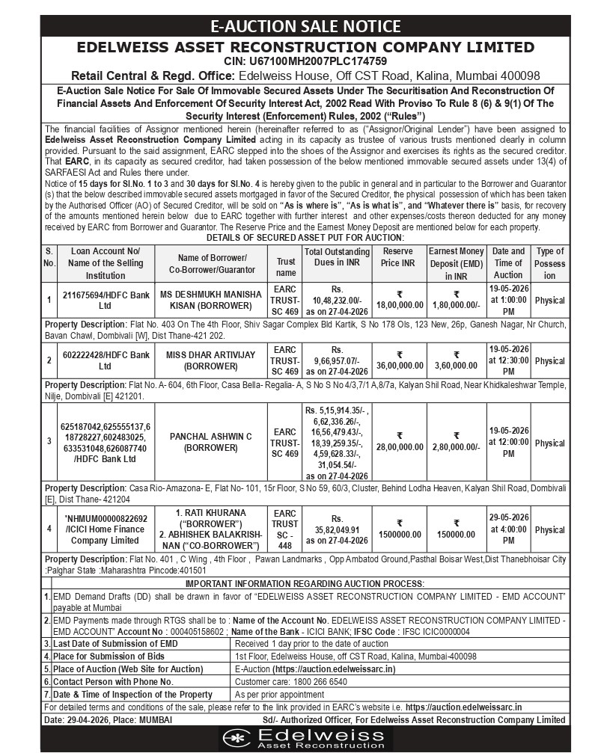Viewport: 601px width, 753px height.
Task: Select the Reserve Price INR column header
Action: [398, 263]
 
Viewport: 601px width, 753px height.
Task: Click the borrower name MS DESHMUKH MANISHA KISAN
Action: [210, 300]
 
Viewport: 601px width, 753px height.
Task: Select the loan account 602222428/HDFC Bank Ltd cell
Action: [106, 360]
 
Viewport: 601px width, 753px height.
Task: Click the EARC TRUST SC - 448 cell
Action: [285, 529]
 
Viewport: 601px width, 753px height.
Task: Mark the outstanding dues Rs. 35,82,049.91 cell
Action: [337, 529]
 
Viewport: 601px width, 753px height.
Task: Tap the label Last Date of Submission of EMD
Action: [115, 644]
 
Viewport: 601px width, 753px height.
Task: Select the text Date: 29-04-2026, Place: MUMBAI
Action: [109, 719]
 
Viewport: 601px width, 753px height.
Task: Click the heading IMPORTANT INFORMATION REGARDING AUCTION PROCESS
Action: [305, 583]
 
